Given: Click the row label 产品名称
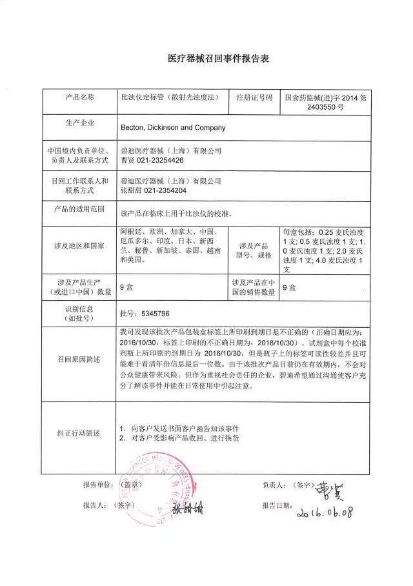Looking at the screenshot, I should pos(79,97).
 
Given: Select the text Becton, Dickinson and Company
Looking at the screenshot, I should pos(173,128).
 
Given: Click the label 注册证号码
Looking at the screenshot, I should pos(254,97).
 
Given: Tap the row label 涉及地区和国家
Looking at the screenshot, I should pos(79,246).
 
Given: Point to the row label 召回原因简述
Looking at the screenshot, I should pos(79,359).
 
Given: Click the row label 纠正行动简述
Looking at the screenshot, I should pos(79,432).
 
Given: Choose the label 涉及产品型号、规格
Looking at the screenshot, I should pos(254,250).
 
